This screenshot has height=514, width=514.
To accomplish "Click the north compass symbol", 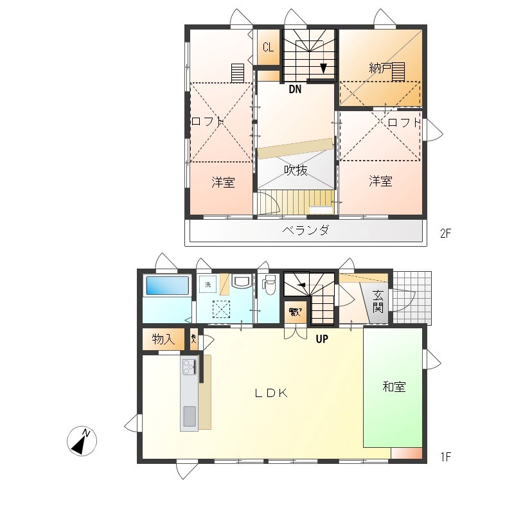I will [82, 441].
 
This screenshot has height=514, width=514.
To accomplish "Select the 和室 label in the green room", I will [394, 387].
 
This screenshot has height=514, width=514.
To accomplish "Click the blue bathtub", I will [167, 286].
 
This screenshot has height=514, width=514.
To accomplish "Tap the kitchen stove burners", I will [189, 367].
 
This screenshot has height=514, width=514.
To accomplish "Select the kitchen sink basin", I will [190, 416].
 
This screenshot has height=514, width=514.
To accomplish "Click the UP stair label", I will [322, 339].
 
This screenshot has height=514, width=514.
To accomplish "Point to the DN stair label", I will [294, 90].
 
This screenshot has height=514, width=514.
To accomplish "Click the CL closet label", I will [268, 48].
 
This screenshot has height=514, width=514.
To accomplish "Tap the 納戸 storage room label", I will [380, 68].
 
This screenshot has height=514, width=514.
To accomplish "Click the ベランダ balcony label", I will [306, 230].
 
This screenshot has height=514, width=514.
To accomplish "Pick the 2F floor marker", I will [446, 234].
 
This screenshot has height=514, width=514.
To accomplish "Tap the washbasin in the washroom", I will [242, 283].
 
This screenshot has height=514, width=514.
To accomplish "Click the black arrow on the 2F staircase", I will [324, 68].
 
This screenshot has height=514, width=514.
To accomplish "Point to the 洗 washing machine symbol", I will [207, 283].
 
